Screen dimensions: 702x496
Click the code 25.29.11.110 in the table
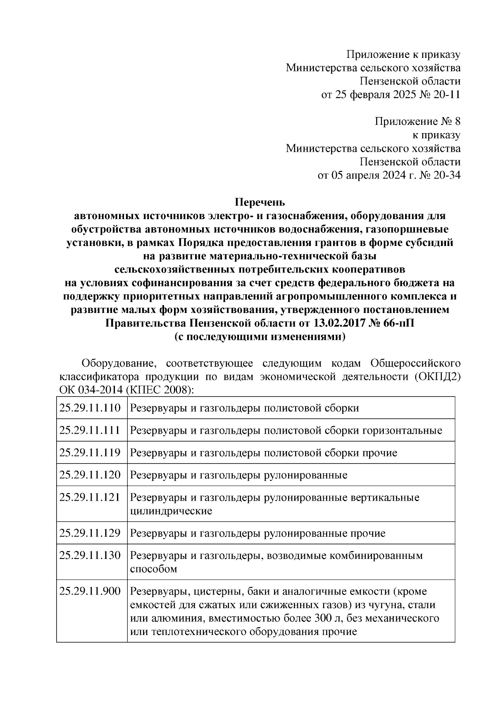pyautogui.click(x=90, y=408)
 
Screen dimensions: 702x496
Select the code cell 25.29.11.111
pyautogui.click(x=90, y=430)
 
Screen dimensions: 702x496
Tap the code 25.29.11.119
pyautogui.click(x=90, y=453)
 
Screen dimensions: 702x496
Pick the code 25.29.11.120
pyautogui.click(x=90, y=475)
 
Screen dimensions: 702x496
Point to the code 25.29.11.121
pyautogui.click(x=90, y=497)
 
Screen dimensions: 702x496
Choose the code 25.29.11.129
pyautogui.click(x=90, y=533)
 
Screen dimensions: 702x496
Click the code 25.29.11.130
pyautogui.click(x=90, y=555)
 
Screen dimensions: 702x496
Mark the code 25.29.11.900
pyautogui.click(x=90, y=592)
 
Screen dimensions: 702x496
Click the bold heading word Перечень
pyautogui.click(x=260, y=203)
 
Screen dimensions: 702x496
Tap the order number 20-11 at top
pyautogui.click(x=446, y=95)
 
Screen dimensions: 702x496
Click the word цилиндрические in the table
pyautogui.click(x=171, y=511)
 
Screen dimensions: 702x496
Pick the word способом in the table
pyautogui.click(x=153, y=569)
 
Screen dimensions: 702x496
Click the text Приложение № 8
pyautogui.click(x=417, y=122)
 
